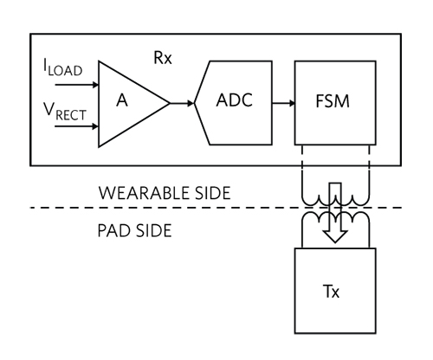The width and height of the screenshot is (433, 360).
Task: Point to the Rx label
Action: pos(157,60)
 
